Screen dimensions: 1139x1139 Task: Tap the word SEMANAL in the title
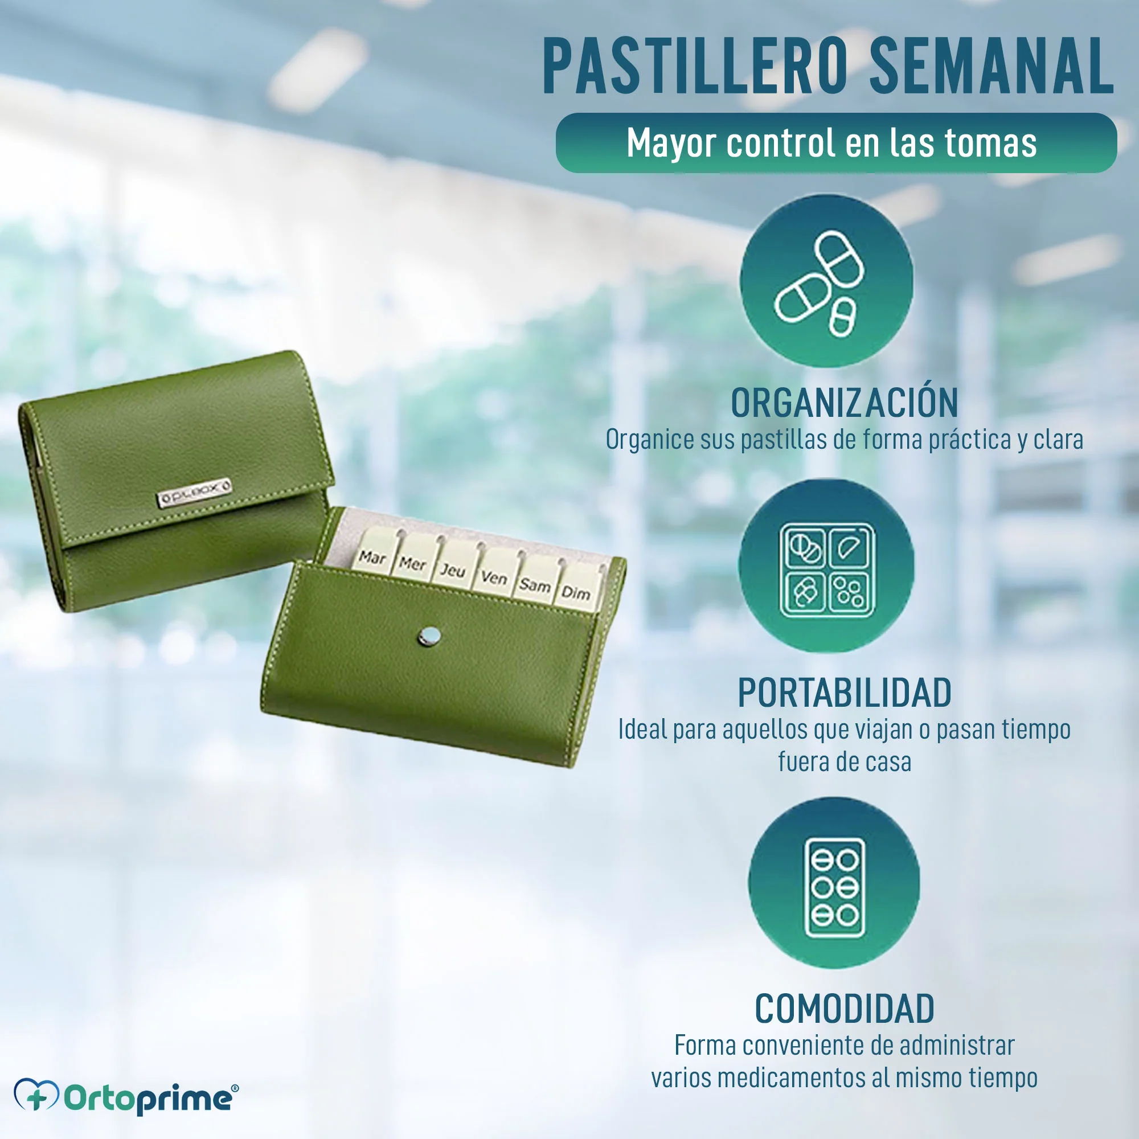pyautogui.click(x=991, y=65)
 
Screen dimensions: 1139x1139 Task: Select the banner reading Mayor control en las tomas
pyautogui.click(x=836, y=143)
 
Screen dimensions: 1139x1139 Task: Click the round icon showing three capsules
pyautogui.click(x=826, y=281)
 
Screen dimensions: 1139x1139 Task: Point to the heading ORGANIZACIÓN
pyautogui.click(x=844, y=403)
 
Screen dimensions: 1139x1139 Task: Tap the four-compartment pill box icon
pyautogui.click(x=826, y=566)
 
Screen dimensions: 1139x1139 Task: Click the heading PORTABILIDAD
pyautogui.click(x=844, y=693)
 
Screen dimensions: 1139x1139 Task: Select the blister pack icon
pyautogui.click(x=834, y=883)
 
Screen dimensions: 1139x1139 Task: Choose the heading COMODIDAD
pyautogui.click(x=844, y=1009)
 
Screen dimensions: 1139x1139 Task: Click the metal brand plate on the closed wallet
pyautogui.click(x=194, y=492)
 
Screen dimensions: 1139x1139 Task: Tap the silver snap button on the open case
pyautogui.click(x=429, y=636)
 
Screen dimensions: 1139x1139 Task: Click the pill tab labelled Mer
pyautogui.click(x=413, y=558)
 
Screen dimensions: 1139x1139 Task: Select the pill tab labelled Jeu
pyautogui.click(x=453, y=565)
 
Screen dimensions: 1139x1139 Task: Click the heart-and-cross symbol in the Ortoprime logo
pyautogui.click(x=36, y=1095)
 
